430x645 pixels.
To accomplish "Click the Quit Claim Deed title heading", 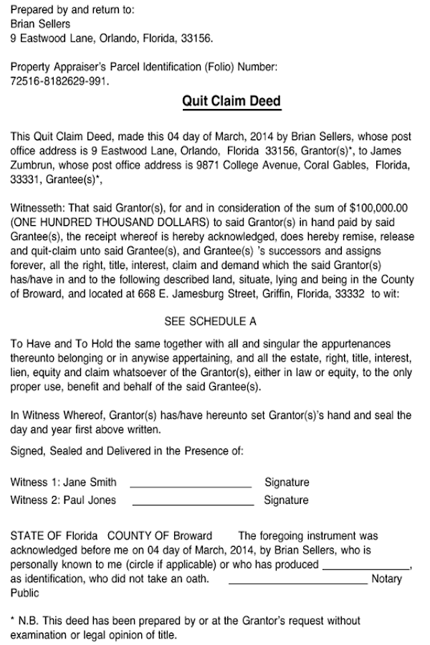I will click(x=231, y=101).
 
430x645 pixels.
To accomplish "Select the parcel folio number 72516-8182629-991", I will click(x=59, y=82).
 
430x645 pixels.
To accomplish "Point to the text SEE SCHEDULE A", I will click(x=211, y=321).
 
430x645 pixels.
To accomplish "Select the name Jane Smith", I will click(x=90, y=482).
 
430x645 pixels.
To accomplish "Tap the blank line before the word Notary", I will click(x=297, y=582).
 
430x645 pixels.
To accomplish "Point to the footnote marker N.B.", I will click(x=30, y=621).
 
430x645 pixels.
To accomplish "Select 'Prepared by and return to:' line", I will click(x=72, y=10).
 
